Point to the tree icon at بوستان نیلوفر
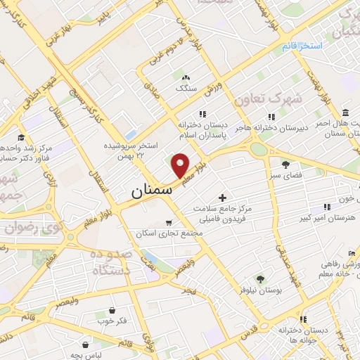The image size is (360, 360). [259, 279]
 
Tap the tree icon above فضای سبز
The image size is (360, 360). [274, 164]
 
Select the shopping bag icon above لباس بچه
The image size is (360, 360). [86, 345]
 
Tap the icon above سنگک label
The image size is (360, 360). [186, 77]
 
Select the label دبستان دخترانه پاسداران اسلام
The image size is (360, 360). [201, 127]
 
